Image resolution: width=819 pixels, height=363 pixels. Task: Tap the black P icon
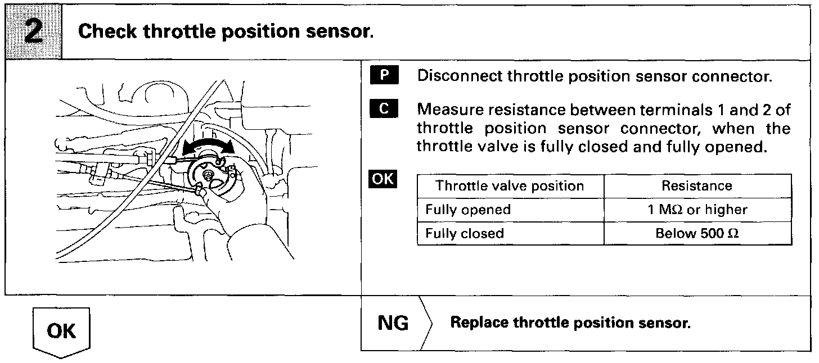click(385, 76)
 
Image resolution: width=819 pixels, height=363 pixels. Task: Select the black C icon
click(385, 108)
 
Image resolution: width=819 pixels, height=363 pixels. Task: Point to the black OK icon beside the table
click(382, 180)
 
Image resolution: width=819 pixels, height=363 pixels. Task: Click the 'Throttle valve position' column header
click(510, 186)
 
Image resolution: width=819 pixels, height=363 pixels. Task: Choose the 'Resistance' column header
click(697, 186)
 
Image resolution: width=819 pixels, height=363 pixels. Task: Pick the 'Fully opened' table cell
click(468, 210)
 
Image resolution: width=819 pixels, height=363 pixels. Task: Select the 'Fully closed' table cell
click(465, 233)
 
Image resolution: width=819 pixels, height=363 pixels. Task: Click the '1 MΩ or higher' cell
click(697, 210)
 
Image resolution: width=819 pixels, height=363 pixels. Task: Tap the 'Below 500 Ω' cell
click(697, 233)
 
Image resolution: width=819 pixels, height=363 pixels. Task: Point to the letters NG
click(393, 324)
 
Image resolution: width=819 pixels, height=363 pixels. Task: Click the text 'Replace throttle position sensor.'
click(571, 324)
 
